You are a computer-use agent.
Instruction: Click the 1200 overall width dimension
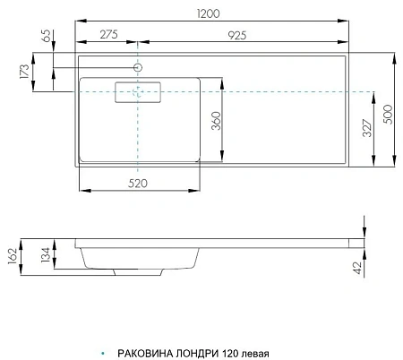pyautogui.click(x=212, y=13)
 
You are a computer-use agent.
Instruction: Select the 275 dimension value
pyautogui.click(x=107, y=33)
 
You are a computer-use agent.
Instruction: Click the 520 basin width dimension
pyautogui.click(x=139, y=184)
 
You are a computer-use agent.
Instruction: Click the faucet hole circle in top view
pyautogui.click(x=139, y=68)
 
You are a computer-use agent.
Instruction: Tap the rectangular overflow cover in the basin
pyautogui.click(x=137, y=93)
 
